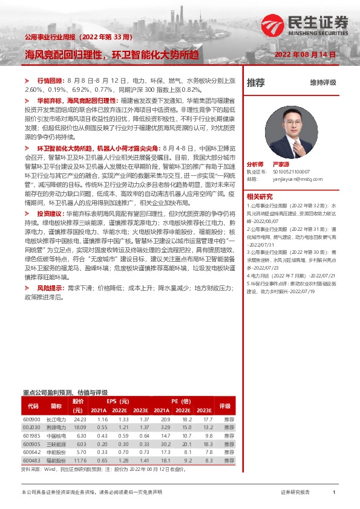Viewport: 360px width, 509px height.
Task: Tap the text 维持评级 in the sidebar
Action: [323, 82]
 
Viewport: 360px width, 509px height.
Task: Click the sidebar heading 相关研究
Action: [260, 195]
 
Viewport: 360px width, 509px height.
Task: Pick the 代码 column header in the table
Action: [33, 406]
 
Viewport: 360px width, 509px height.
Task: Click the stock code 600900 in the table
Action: [31, 419]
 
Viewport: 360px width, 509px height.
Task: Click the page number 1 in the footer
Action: [334, 493]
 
